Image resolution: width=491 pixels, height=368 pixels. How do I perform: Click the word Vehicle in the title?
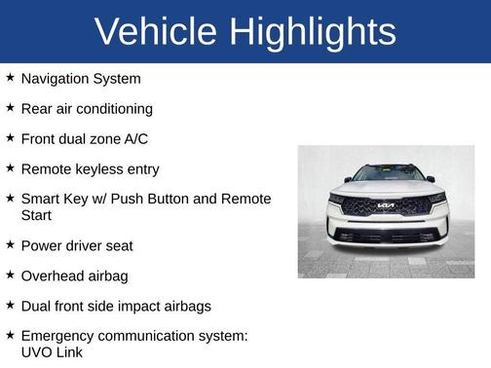(x=156, y=31)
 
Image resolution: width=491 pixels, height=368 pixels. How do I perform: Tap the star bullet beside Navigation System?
(x=10, y=77)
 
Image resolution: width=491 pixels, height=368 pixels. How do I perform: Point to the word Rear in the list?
(x=37, y=108)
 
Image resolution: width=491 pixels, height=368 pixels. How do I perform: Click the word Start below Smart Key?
(x=37, y=214)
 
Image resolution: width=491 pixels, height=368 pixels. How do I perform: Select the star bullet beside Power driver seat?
(x=10, y=244)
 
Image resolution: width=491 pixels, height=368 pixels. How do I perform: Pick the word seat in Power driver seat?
(x=118, y=245)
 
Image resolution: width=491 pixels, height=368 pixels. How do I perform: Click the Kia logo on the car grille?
(x=387, y=205)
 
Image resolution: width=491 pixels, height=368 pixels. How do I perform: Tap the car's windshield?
(x=387, y=173)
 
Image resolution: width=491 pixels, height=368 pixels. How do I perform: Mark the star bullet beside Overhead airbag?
(x=10, y=275)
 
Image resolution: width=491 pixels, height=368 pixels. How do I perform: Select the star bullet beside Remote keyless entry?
(x=10, y=167)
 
